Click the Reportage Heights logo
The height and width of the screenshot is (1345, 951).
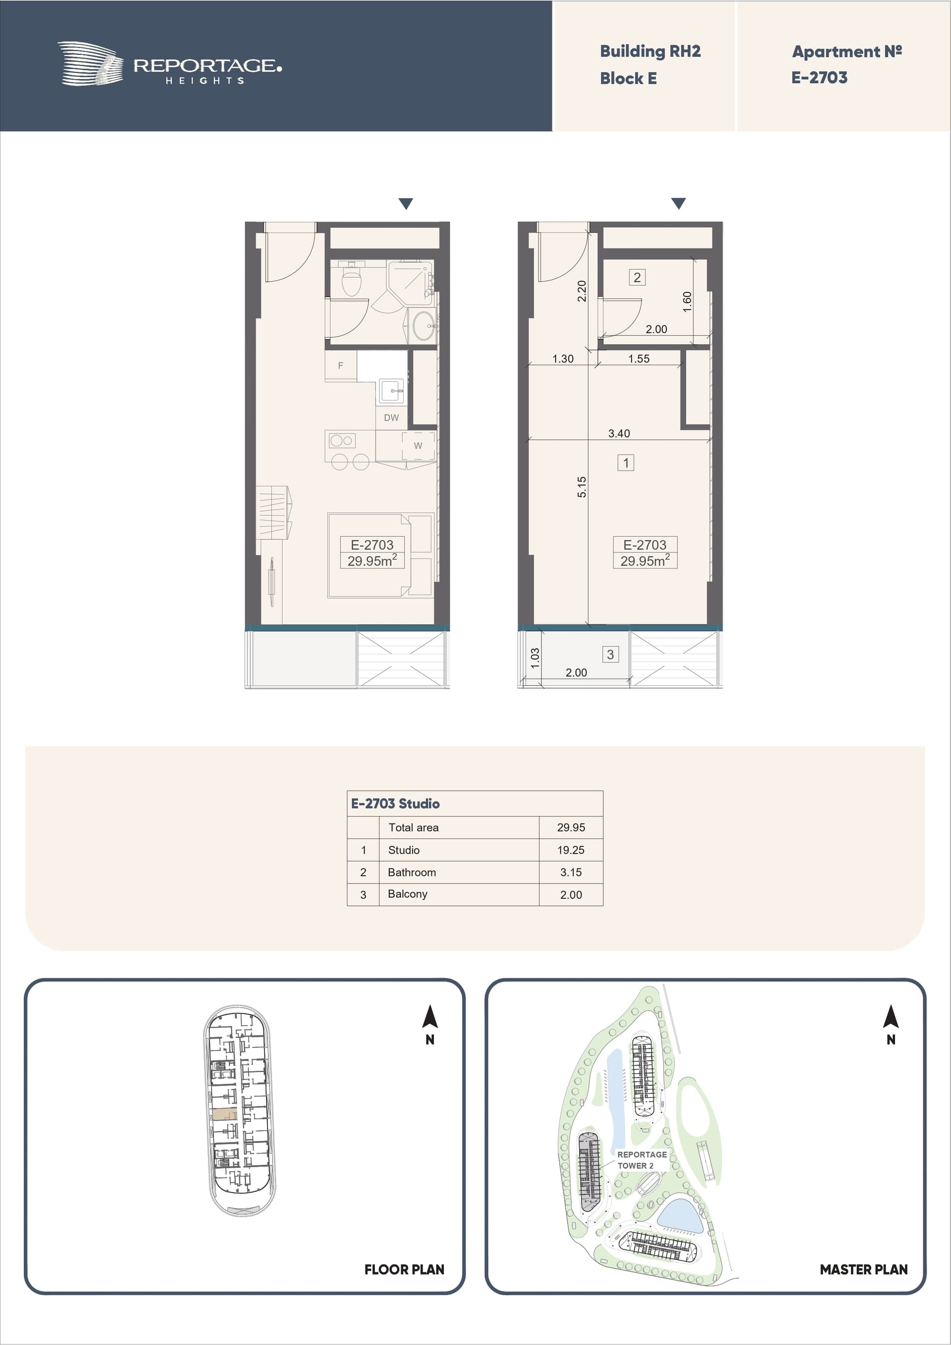[169, 64]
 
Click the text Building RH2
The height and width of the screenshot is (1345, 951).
[650, 52]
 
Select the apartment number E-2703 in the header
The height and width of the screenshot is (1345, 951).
[819, 78]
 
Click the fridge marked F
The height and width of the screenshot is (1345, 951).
[340, 365]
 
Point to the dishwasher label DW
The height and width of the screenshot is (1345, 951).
[391, 417]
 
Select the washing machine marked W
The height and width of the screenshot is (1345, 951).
[418, 446]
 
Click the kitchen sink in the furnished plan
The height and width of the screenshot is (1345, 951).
[391, 391]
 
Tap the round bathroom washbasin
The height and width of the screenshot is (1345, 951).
[423, 325]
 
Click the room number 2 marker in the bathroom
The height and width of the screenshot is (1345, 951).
[637, 277]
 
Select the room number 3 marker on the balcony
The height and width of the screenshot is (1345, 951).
[611, 654]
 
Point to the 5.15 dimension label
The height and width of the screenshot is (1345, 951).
[581, 487]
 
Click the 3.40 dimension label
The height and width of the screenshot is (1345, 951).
[619, 433]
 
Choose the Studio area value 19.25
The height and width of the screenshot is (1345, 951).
[571, 850]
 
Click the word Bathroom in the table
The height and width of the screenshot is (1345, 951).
[412, 872]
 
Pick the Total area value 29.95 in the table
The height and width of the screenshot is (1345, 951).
[571, 828]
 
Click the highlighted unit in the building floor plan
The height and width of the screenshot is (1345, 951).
[224, 1115]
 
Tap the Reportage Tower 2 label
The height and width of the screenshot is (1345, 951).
[641, 1160]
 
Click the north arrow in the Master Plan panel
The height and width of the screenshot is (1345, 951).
[891, 1016]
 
